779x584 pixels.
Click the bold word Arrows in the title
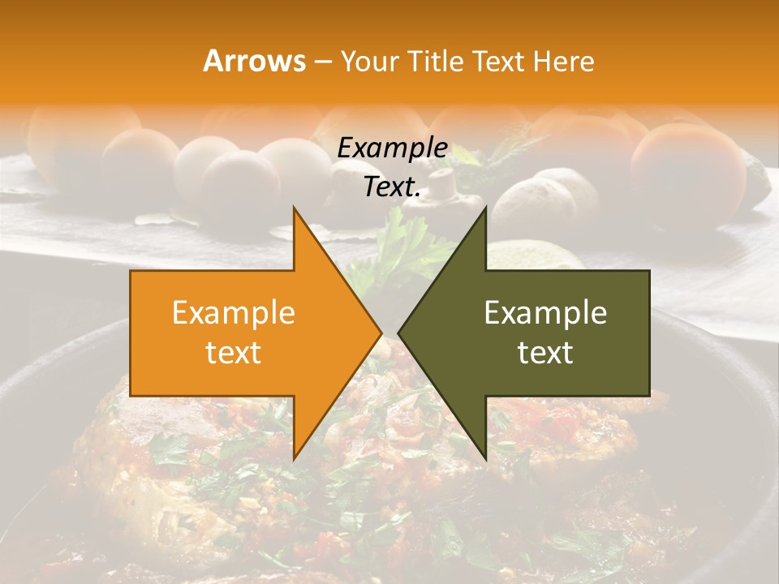point(254,61)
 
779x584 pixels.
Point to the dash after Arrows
point(323,62)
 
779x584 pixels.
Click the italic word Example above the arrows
point(393,148)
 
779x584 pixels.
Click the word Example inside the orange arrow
point(234,313)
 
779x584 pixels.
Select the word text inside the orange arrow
point(234,353)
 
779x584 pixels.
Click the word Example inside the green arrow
point(545,313)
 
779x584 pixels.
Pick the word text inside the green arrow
point(545,353)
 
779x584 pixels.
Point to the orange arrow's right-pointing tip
point(381,333)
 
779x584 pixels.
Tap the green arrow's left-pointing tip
point(399,333)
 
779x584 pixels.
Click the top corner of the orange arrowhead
point(295,208)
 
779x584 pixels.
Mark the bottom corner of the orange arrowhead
point(295,458)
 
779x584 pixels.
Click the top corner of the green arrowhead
point(485,208)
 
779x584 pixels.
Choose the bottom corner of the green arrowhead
point(485,458)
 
